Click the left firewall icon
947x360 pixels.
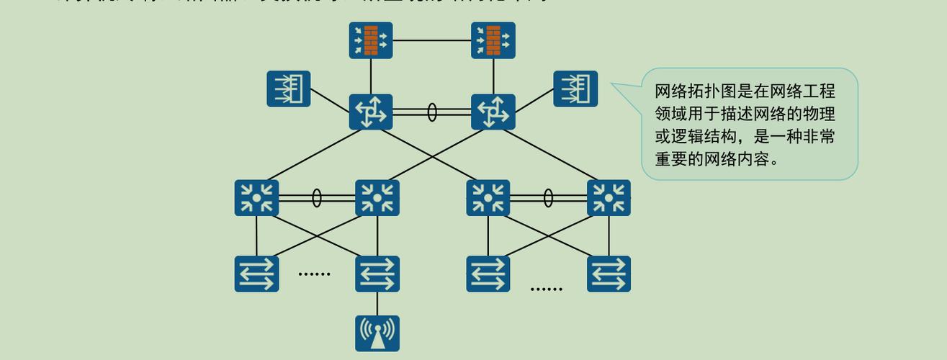click(371, 40)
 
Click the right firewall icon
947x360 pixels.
click(493, 40)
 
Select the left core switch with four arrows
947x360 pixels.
click(371, 112)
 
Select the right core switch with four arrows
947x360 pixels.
click(493, 112)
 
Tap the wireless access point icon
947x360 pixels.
click(377, 333)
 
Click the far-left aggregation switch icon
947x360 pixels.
click(256, 198)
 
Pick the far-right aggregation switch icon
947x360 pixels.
click(609, 198)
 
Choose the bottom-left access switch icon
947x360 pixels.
click(256, 274)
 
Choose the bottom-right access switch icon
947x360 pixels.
click(609, 274)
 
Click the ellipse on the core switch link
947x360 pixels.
click(432, 112)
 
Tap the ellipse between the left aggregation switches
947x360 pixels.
click(317, 198)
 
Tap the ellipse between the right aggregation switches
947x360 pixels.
click(548, 198)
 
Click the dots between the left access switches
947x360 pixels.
click(314, 274)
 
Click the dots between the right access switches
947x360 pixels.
click(546, 289)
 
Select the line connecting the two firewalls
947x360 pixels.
click(432, 40)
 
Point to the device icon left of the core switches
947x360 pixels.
click(289, 89)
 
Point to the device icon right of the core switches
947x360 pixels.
click(575, 89)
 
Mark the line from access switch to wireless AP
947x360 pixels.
click(377, 303)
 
